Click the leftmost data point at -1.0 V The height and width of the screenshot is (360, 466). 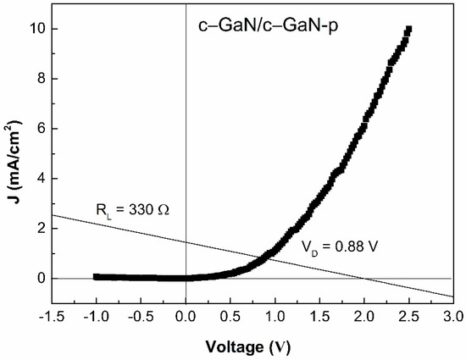(x=97, y=276)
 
